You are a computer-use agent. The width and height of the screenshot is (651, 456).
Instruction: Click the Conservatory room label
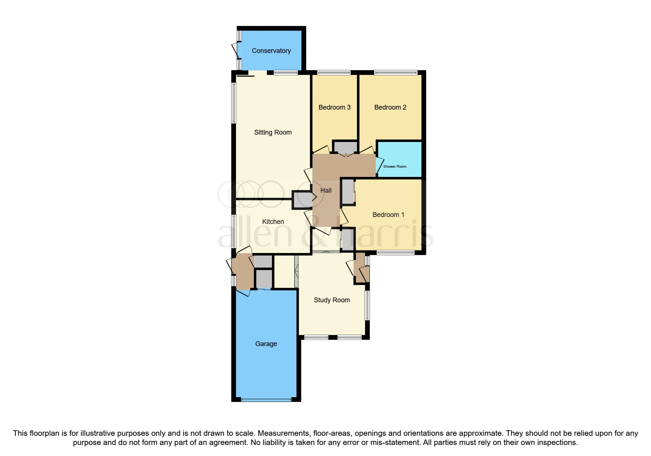click(271, 51)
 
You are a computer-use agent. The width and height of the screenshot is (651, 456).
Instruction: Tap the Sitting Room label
click(273, 132)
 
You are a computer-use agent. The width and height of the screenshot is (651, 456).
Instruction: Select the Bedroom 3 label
click(335, 107)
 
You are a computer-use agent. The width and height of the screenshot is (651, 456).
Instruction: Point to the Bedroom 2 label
click(390, 107)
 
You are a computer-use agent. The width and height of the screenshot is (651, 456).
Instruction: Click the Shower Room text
click(395, 167)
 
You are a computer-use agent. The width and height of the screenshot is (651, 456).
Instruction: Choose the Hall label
click(326, 190)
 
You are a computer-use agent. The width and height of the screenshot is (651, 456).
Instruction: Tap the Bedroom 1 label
click(388, 215)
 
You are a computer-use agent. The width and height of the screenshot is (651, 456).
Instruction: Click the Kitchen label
click(273, 222)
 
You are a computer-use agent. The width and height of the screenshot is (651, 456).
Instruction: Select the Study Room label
click(332, 300)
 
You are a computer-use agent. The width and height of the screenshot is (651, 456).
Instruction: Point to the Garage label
click(266, 344)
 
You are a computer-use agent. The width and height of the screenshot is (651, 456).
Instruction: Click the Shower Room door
click(379, 165)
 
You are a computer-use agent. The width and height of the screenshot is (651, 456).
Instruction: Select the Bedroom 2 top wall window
click(396, 72)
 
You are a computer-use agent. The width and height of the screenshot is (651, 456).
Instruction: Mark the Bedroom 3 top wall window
click(334, 72)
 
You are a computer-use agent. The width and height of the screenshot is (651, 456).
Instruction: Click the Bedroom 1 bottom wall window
click(395, 253)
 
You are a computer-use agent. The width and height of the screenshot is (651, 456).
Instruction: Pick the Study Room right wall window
click(367, 306)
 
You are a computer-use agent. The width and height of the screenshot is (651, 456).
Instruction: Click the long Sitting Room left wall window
click(233, 103)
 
